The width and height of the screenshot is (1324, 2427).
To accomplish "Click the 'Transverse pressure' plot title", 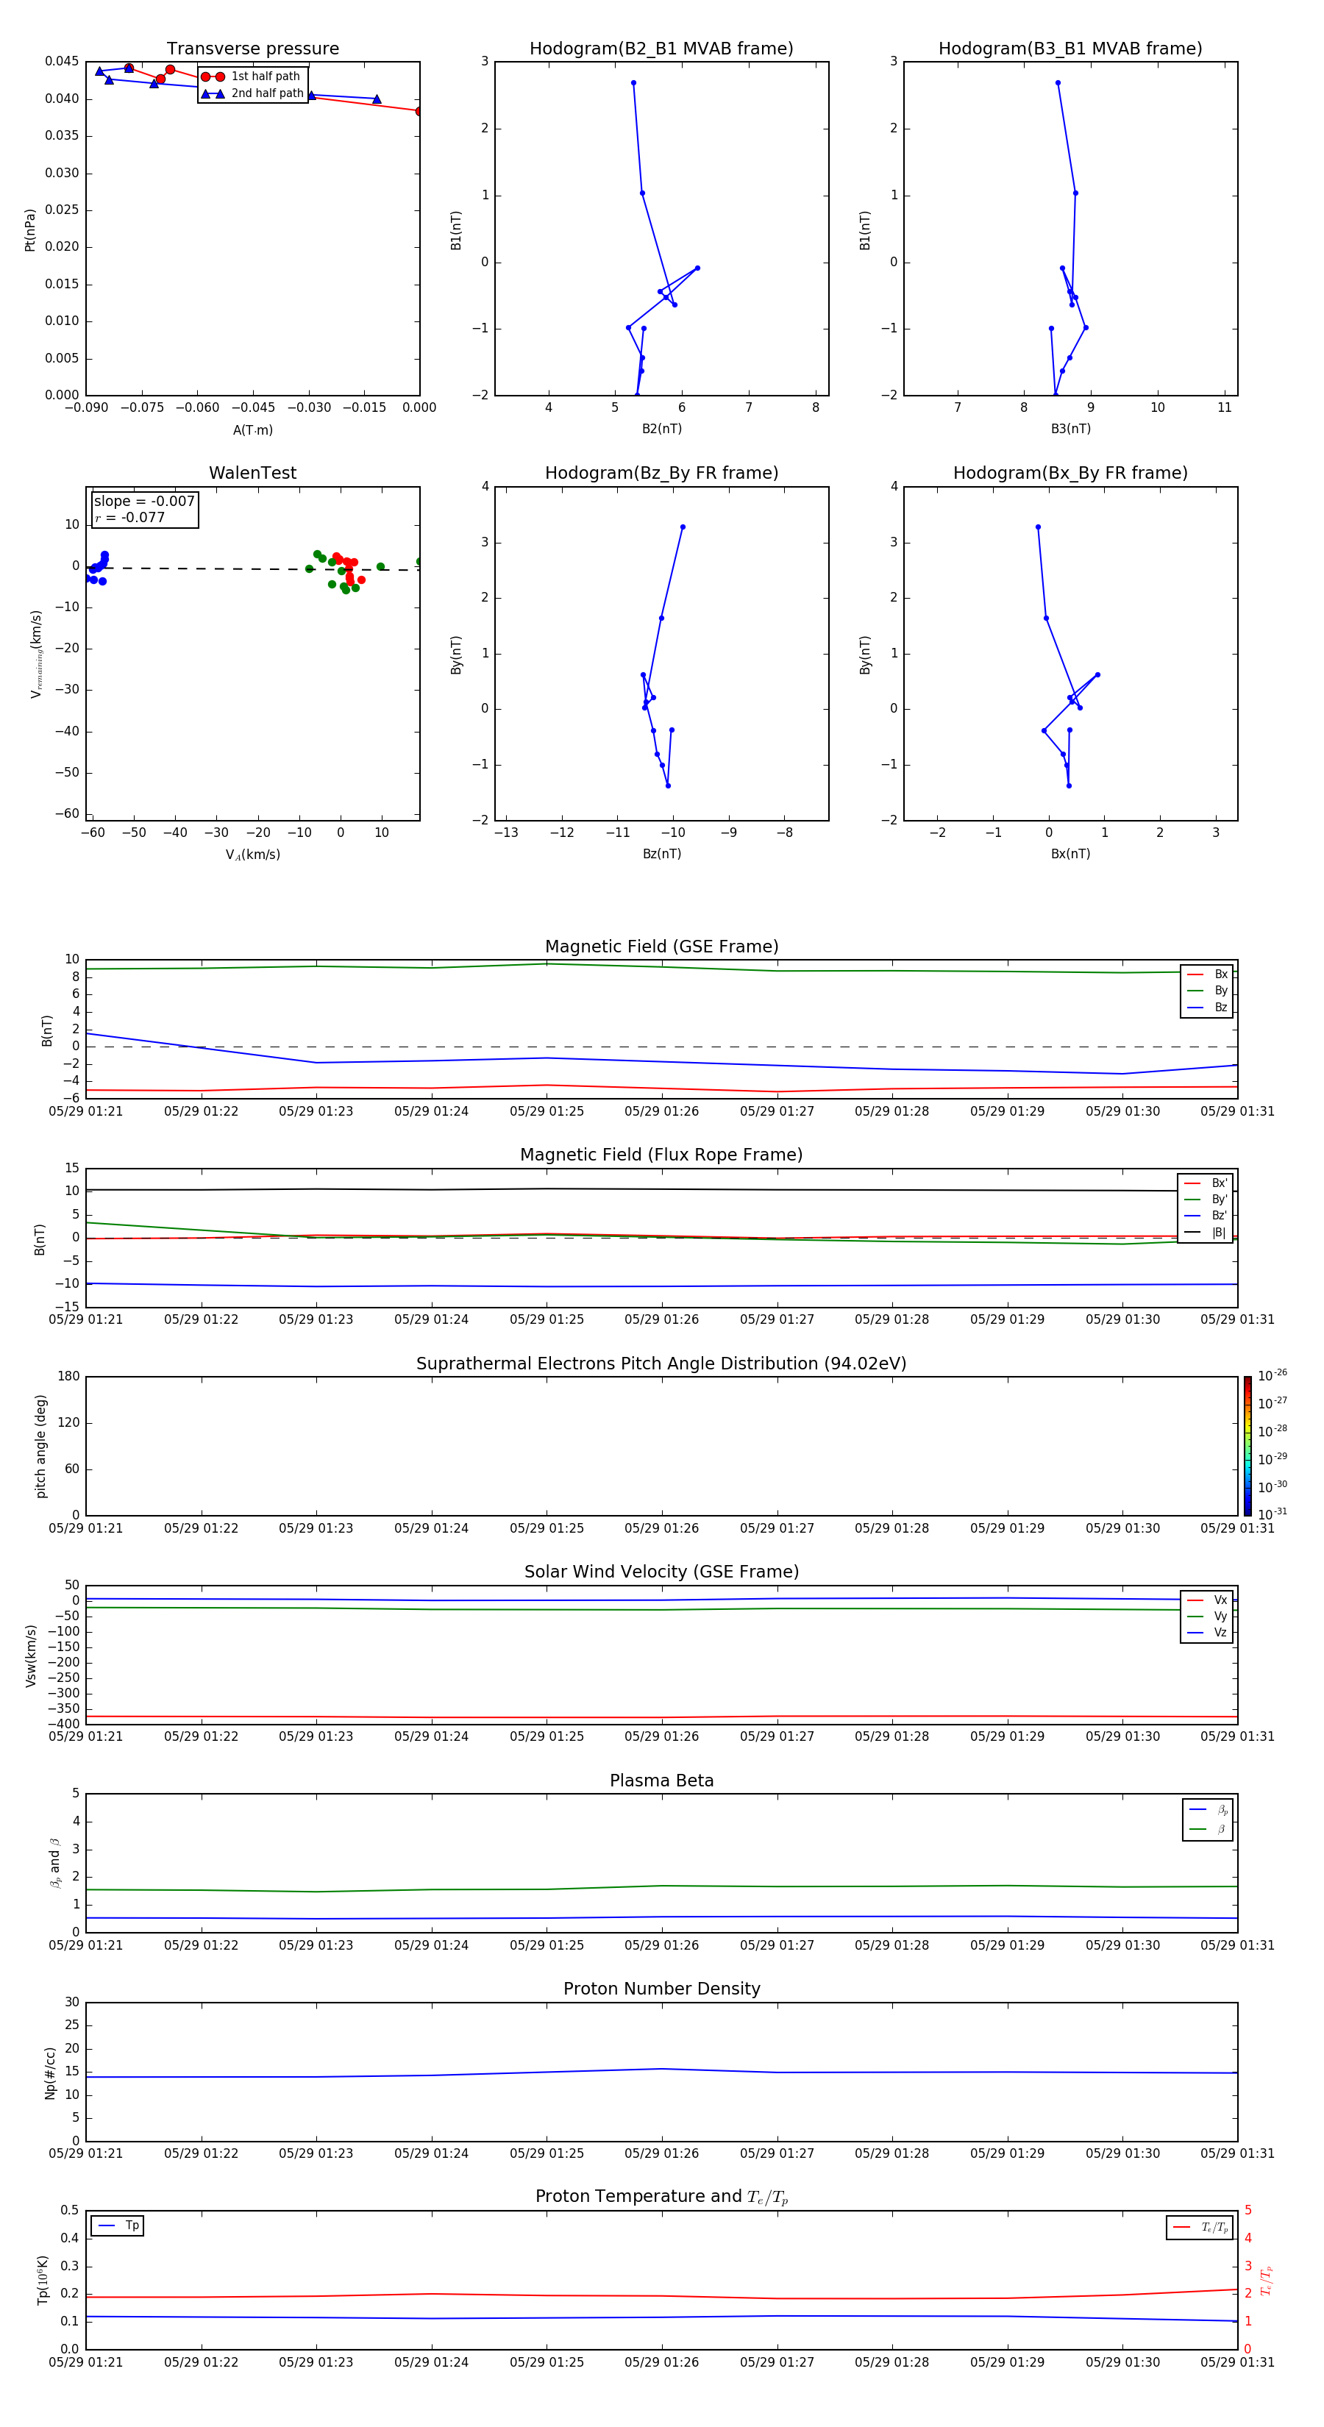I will (252, 49).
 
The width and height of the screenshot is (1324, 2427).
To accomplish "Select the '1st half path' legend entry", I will (265, 76).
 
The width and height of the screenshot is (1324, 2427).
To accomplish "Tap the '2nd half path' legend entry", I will (267, 93).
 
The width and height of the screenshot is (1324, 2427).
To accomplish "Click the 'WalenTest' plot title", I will (252, 473).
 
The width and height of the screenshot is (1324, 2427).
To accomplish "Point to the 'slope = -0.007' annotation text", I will (144, 502).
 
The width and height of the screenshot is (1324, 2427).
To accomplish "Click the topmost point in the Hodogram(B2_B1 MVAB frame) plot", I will (633, 83).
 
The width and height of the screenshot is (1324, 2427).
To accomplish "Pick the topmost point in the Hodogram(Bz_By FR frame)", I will (683, 527).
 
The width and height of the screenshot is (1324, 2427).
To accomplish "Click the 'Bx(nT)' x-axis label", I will (1070, 854).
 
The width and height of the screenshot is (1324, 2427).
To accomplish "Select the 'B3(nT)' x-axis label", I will (1070, 429).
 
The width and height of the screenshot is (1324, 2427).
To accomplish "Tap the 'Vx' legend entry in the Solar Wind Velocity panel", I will (1220, 1600).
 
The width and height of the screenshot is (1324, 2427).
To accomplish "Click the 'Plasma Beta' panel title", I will (661, 1781).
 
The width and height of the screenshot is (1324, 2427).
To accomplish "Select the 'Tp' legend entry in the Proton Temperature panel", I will (132, 2225).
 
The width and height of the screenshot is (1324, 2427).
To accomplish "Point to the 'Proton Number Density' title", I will (661, 1989).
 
